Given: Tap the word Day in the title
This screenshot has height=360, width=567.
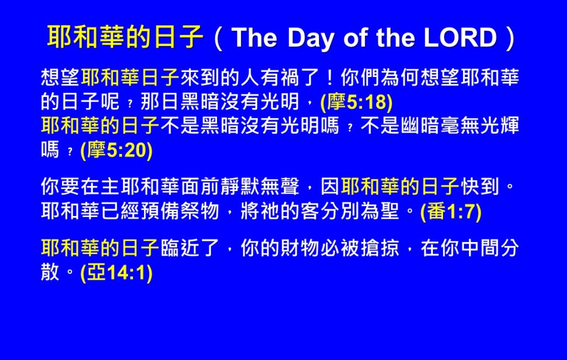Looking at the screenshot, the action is point(311,38).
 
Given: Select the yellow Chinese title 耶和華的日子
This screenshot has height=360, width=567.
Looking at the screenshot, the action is point(125,37).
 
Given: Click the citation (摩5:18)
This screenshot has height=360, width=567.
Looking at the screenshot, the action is point(357,102).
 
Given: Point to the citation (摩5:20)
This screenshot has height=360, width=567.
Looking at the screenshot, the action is point(116,150).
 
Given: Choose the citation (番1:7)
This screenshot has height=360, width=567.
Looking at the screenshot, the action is point(451,212).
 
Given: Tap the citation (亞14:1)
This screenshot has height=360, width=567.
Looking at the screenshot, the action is point(116,272).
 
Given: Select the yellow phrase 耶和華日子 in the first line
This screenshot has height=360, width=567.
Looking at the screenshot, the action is point(130,77).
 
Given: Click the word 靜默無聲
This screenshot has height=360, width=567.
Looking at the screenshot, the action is point(260,187).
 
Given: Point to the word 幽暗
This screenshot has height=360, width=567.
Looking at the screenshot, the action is point(420,126).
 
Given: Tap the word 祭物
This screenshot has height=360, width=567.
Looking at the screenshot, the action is point(199,211).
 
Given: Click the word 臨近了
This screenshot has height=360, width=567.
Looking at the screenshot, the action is point(190,248).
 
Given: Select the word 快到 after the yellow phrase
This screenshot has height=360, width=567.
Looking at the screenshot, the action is point(480,187).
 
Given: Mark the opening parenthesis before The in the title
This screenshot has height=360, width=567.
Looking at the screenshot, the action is point(218,38).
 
